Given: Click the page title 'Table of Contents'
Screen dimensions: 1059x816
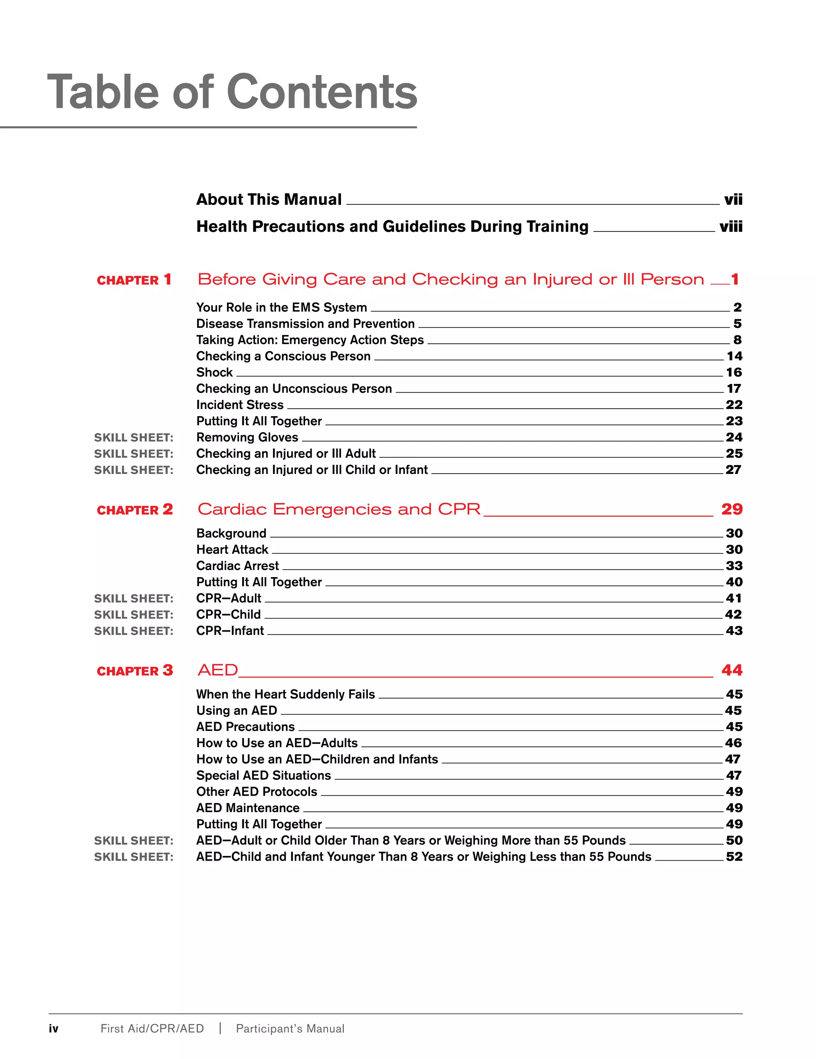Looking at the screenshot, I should tap(232, 92).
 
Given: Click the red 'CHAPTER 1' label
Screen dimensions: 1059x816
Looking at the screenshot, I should tap(134, 280).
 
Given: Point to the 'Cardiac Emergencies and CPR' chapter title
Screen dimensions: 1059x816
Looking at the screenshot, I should tap(339, 509).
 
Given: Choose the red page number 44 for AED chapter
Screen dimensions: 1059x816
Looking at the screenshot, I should tap(732, 670).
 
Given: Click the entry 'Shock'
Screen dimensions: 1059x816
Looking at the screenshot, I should tap(214, 372).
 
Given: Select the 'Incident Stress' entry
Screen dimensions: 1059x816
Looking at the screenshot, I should tap(239, 405).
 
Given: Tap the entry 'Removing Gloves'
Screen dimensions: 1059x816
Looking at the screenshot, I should tap(247, 437).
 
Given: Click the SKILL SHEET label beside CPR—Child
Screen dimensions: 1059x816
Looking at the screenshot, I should tap(133, 615).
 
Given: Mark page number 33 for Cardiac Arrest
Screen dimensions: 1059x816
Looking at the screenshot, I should tap(734, 566).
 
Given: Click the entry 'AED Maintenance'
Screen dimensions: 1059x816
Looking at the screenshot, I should tap(247, 808).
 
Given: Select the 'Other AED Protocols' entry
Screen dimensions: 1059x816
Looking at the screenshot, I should tap(256, 792).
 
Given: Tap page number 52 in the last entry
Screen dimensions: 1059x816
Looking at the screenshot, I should tap(734, 857).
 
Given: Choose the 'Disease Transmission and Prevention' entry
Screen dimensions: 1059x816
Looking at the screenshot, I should tap(305, 324).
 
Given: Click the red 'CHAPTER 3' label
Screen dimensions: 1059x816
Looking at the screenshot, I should tap(134, 671).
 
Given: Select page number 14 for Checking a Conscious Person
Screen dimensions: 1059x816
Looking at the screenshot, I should tap(734, 356).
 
